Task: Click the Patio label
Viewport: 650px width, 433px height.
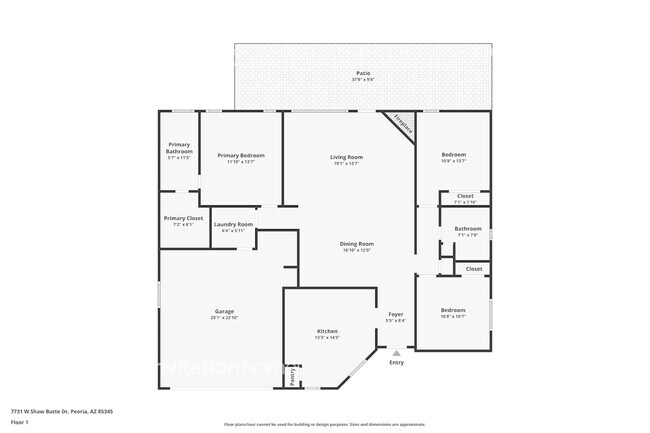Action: (x=361, y=73)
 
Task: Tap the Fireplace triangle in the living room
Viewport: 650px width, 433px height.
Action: (x=402, y=123)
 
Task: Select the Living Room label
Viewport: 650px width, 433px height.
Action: (x=346, y=157)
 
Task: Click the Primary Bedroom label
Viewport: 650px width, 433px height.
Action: (x=241, y=155)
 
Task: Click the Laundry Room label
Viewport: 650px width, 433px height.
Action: (x=232, y=224)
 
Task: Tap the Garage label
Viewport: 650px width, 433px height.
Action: (x=222, y=312)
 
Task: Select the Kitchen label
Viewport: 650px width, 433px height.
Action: (x=327, y=331)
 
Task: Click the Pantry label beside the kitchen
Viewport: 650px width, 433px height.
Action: (x=292, y=376)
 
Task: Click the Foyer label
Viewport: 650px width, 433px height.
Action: (x=396, y=315)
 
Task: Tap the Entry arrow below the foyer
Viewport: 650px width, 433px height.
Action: (x=396, y=353)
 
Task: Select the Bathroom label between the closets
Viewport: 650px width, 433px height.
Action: (x=467, y=229)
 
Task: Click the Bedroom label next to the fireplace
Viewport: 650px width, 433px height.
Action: (x=454, y=154)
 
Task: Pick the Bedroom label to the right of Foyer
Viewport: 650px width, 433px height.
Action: (x=453, y=310)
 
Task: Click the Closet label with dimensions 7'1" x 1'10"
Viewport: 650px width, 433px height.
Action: (x=465, y=196)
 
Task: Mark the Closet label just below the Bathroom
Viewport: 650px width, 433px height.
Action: (x=473, y=268)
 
